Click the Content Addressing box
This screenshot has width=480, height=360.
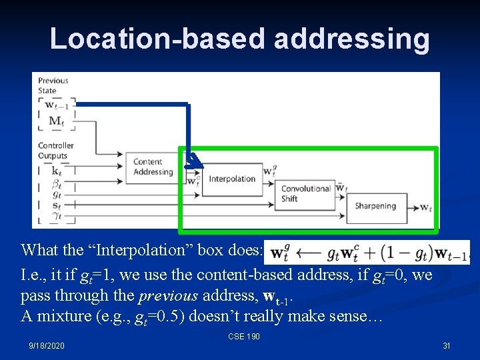[153, 167]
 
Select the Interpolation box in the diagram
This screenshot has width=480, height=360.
[231, 179]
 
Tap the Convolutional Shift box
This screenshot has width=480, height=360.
[306, 193]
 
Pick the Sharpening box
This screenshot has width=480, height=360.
[375, 206]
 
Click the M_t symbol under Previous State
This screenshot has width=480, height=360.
[56, 121]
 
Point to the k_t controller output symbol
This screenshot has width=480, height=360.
[56, 171]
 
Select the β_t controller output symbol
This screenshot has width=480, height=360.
[56, 183]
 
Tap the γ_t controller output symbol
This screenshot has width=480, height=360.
[56, 216]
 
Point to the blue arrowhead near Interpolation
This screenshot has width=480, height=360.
[193, 161]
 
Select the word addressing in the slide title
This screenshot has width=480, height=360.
[351, 39]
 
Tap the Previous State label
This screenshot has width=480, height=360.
[53, 85]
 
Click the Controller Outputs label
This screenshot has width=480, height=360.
[55, 151]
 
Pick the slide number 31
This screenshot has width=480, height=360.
[446, 345]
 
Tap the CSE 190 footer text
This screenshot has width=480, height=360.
[243, 337]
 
